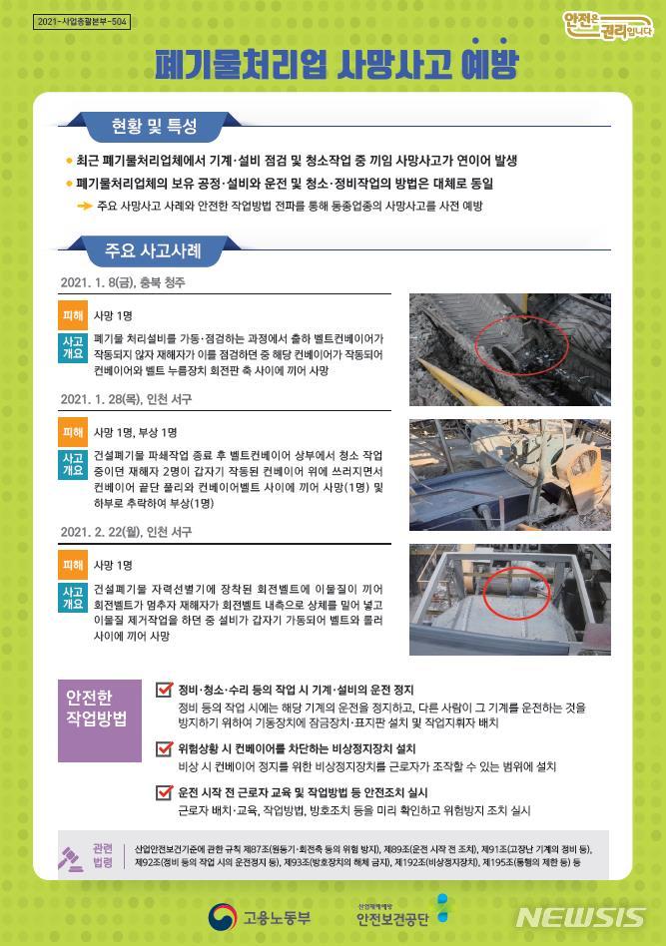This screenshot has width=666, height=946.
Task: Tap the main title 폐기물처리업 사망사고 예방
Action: pos(336,65)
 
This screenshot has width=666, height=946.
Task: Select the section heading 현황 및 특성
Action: pos(154,127)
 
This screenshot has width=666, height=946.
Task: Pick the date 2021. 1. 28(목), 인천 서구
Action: pos(126,399)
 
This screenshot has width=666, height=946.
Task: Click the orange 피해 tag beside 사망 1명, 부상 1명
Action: pos(73,432)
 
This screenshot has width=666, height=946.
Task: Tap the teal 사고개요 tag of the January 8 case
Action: pos(73,347)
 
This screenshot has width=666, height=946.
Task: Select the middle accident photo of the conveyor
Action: pos(509,474)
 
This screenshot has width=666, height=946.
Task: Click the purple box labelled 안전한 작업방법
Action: pos(100,705)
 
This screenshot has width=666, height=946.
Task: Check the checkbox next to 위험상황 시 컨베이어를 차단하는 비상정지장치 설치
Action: pos(165,747)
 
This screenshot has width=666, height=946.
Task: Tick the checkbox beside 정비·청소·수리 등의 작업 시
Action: pos(165,689)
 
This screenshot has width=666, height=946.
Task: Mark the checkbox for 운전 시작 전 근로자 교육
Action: pos(165,792)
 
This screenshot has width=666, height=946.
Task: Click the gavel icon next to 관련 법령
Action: pos(72,854)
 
